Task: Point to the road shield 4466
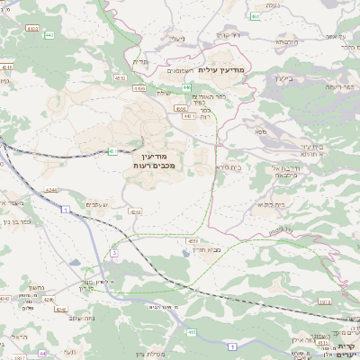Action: click(x=139, y=89)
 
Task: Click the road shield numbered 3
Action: click(x=114, y=254)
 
